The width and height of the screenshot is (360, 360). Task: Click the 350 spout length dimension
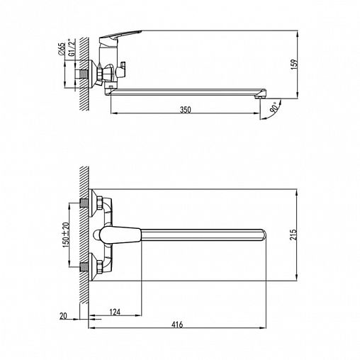[186, 110]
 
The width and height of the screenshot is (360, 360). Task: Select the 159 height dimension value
[294, 64]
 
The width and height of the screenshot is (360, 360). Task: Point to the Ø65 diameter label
[61, 49]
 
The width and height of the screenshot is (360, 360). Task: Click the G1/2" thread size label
[71, 47]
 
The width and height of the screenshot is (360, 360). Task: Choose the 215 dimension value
[293, 235]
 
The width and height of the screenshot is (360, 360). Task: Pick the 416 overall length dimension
[177, 325]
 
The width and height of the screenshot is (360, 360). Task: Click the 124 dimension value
[115, 312]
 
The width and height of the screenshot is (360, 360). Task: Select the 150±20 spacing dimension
[66, 235]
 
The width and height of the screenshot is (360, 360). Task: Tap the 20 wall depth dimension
[63, 316]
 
